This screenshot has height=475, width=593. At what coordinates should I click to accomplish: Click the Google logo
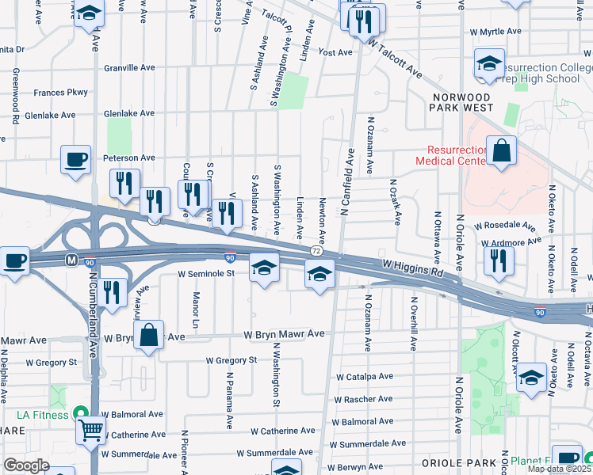pos(26,465)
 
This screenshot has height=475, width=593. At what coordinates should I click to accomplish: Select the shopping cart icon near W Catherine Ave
pos(90,431)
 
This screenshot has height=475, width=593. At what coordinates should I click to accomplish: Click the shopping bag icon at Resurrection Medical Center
pos(502,151)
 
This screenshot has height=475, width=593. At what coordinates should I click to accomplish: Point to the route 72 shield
pos(316,250)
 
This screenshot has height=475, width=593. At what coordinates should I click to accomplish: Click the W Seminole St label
pos(206,273)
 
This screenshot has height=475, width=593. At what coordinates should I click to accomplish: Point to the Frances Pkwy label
pos(60,93)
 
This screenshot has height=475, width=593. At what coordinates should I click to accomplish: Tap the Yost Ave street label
pos(335,53)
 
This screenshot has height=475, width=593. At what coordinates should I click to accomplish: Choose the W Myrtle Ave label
pos(495,32)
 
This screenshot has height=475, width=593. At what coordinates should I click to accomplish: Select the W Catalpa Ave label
pos(365,377)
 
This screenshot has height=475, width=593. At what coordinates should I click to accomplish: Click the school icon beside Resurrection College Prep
pos(489,63)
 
